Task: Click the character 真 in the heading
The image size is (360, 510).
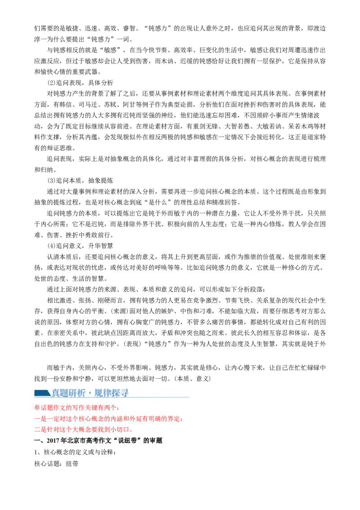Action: pos(56,393)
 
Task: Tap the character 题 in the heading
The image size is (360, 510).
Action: pos(65,393)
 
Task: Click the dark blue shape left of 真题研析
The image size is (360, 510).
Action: pos(42,393)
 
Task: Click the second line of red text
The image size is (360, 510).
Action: pos(108,419)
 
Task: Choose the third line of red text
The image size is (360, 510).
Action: pos(83,430)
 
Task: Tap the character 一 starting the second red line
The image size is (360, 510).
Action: pos(36,419)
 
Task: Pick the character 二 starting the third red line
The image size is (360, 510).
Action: pos(36,430)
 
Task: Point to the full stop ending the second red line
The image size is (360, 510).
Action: pos(181,421)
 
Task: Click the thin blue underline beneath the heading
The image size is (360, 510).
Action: pos(112,398)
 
